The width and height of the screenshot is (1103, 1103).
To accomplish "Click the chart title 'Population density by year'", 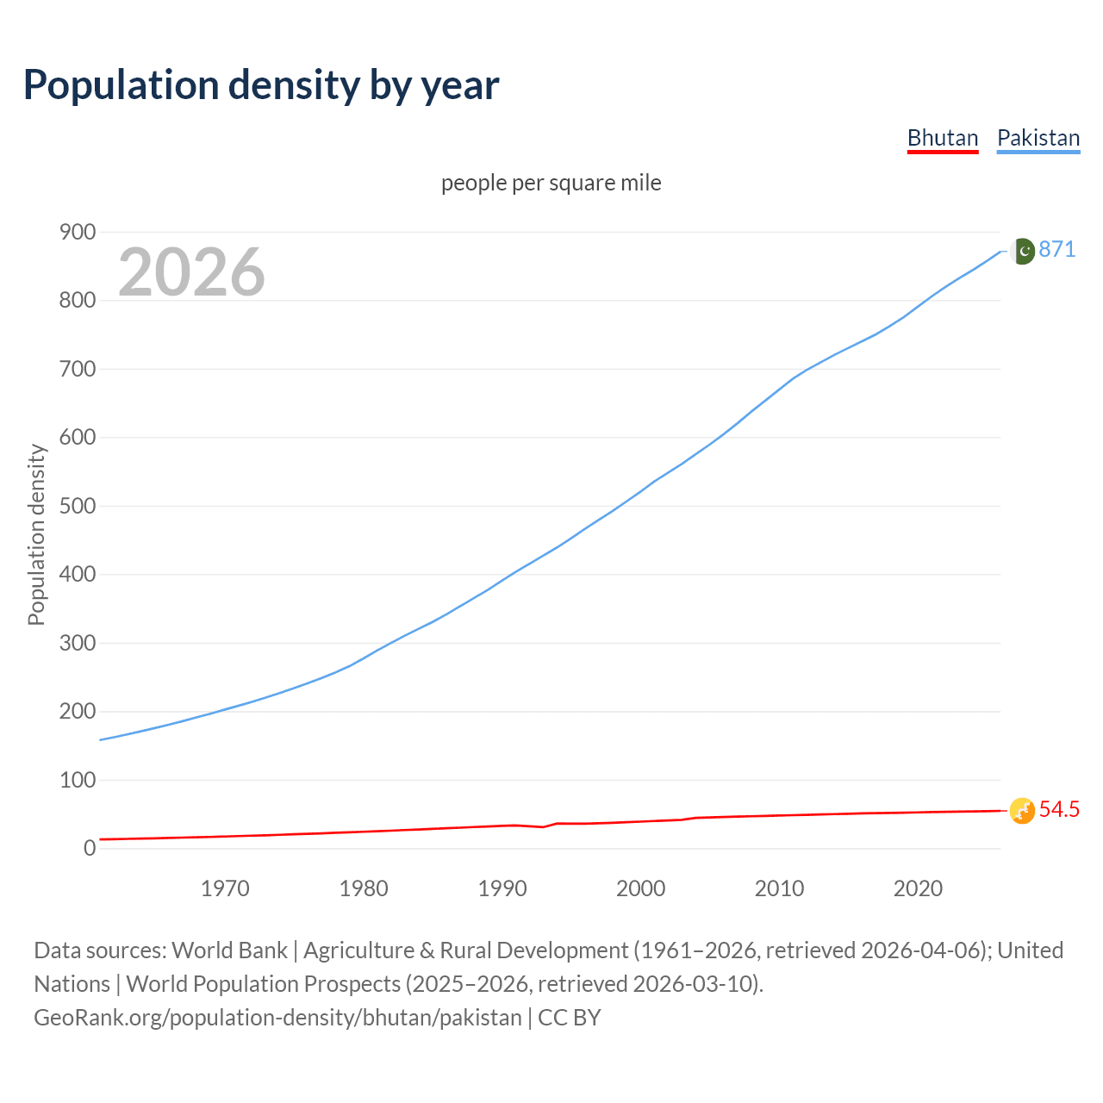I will coord(261,85).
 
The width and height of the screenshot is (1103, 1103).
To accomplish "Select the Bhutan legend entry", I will coord(943,138).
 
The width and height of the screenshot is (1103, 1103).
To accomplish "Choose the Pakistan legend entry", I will coord(1038,138).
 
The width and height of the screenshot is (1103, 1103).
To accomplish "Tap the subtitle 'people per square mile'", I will coord(551,183).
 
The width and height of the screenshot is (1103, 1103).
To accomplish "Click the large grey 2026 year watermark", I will coord(191,272).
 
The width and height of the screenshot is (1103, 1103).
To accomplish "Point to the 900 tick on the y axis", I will coord(78,232).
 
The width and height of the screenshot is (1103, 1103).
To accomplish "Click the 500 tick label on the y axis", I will coord(78,506).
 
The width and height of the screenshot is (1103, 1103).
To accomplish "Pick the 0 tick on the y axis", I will coord(90,848).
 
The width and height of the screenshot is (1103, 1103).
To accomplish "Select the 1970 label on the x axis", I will coord(225,888).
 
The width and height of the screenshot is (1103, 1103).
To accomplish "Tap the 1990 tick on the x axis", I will coord(502,888).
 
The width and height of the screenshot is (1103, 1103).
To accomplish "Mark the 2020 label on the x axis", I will coord(918,888).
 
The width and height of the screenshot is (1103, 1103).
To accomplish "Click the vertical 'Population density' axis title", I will coord(36,534).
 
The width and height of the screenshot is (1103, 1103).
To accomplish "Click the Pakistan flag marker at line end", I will coord(1022,251).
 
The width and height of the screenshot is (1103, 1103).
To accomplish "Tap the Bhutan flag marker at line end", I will coord(1022,810).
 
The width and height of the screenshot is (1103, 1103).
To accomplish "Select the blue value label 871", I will coord(1057,249).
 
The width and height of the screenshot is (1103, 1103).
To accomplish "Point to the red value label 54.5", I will coord(1059,810).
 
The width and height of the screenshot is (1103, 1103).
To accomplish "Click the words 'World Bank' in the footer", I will coord(229,950).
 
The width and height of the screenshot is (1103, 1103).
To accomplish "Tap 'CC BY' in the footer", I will coord(570,1018).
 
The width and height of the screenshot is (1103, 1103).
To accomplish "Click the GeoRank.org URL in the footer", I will coord(277,1018).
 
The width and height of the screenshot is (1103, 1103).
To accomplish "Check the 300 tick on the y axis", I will coord(78,643).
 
